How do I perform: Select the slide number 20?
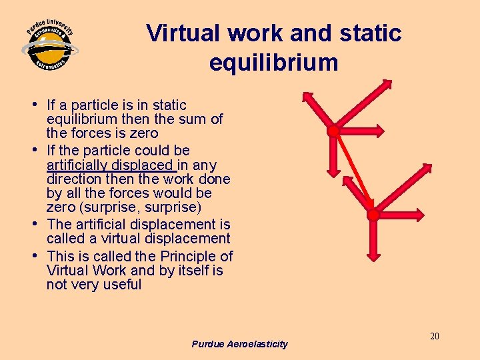(434, 336)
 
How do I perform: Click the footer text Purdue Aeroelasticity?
(239, 344)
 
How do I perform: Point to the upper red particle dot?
(333, 131)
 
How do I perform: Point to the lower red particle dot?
(373, 215)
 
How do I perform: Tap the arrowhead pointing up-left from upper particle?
(306, 97)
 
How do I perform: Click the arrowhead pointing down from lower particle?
(373, 255)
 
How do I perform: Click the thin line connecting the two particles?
(353, 173)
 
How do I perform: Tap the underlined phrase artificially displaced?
(110, 165)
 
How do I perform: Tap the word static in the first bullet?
(169, 105)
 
